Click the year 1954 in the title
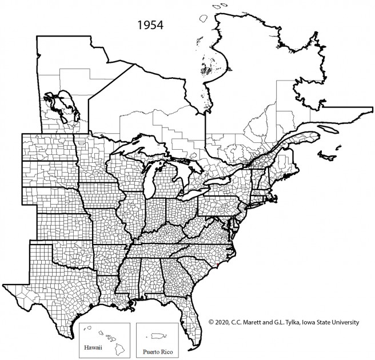(149, 26)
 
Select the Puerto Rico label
(156, 347)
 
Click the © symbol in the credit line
(210, 322)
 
